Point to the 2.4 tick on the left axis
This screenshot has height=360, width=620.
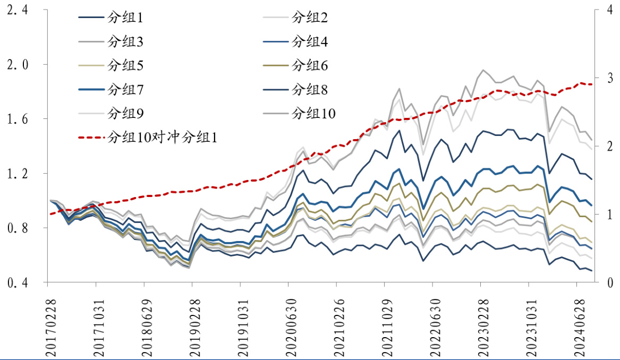point(17,10)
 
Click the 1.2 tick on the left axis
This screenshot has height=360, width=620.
point(17,174)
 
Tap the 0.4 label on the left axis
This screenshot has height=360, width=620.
point(17,283)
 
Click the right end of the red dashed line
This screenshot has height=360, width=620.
point(592,84)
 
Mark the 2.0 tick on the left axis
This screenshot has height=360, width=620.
point(17,64)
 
